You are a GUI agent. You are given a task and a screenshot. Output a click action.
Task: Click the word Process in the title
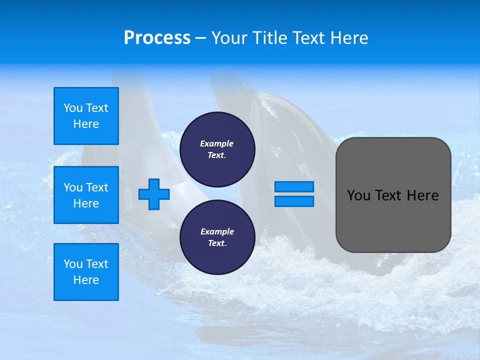tap(157, 38)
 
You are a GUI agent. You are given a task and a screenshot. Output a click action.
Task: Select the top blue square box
tap(86, 116)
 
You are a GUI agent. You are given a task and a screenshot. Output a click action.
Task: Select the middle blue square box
tap(86, 195)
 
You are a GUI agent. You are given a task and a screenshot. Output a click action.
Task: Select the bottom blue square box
tap(86, 272)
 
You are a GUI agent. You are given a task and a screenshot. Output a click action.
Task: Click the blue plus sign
tap(154, 194)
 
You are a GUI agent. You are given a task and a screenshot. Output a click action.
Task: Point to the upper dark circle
tap(217, 149)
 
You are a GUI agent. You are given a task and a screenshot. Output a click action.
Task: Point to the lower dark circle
tap(217, 237)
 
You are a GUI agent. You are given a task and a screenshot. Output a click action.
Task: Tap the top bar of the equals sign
tap(294, 186)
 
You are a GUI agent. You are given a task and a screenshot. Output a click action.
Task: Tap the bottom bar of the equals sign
tap(294, 201)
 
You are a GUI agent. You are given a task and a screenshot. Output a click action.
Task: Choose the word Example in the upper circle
tap(217, 143)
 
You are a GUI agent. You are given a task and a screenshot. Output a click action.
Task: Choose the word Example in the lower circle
tap(217, 231)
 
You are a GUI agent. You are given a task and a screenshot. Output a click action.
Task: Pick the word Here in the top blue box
tap(86, 124)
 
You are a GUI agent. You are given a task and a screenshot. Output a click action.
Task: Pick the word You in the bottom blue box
tap(73, 264)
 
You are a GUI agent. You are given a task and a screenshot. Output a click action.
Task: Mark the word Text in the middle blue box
tap(97, 187)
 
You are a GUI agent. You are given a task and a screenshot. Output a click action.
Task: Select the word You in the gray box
tap(358, 195)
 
